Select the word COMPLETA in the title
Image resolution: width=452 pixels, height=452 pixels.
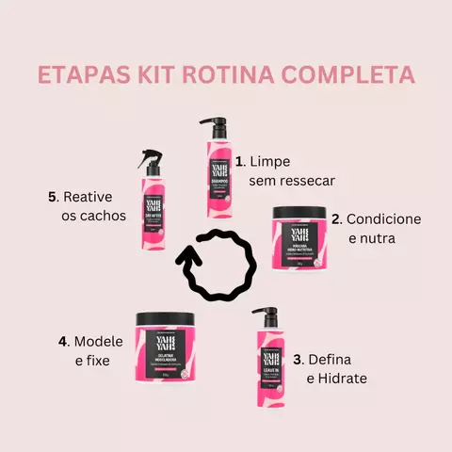tap(355, 75)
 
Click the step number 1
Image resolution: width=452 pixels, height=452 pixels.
tap(241, 161)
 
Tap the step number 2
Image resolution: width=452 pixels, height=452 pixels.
tap(336, 219)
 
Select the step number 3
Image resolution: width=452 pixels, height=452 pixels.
tap(298, 359)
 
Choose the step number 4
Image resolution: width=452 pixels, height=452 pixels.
tap(63, 340)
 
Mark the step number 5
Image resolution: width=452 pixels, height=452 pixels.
tap(53, 197)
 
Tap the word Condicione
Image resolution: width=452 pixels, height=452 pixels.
tap(383, 219)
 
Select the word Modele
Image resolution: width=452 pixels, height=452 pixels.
tap(99, 340)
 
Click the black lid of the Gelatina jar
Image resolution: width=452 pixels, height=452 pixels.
tap(164, 317)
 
